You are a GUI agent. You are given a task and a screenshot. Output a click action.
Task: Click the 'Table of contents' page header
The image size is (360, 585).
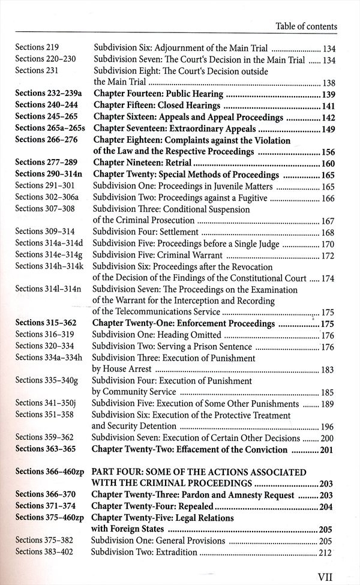(x=306, y=26)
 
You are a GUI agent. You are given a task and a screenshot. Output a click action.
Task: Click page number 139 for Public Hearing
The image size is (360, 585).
(x=328, y=94)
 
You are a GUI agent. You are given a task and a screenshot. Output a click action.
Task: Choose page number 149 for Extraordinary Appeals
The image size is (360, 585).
(x=328, y=128)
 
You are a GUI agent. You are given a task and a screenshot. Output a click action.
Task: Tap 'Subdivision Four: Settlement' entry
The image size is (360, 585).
(x=145, y=232)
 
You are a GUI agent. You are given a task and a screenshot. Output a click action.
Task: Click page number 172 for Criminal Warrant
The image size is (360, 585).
(x=328, y=254)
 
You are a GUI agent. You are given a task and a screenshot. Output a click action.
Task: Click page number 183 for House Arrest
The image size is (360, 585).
(x=328, y=370)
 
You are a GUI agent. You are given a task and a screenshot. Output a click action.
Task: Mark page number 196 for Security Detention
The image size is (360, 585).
(x=328, y=427)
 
